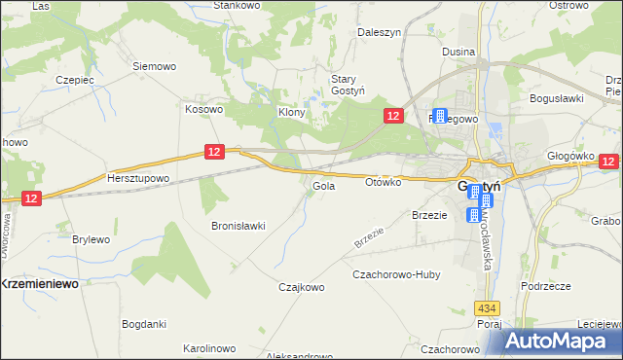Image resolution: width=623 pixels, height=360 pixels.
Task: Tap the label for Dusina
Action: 458,52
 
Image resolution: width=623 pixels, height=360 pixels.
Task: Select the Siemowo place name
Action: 154,67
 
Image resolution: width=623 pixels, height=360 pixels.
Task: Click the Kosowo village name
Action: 204,110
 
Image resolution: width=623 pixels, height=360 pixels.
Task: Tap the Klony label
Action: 292,112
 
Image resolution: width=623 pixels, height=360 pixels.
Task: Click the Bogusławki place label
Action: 556,98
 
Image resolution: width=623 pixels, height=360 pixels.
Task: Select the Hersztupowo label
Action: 138,179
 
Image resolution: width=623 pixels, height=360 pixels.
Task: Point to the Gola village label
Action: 324,186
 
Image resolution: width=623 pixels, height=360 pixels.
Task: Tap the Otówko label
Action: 384,182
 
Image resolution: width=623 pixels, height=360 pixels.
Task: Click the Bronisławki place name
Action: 238,226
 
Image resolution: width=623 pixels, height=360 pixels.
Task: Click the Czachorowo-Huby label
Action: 396,275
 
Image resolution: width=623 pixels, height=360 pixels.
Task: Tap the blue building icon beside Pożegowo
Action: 440,117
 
